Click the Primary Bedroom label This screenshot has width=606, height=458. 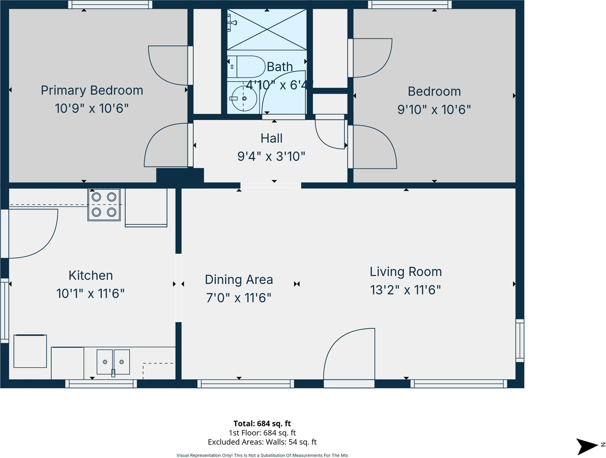(92, 90)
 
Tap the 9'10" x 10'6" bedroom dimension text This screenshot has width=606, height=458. (434, 110)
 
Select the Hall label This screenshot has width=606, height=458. (272, 138)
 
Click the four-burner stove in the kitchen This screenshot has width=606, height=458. (104, 204)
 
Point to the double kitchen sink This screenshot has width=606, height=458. (113, 362)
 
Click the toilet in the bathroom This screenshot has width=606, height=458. (247, 67)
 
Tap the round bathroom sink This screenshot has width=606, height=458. (243, 99)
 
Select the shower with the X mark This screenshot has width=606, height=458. (267, 29)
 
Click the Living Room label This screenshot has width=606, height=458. (406, 272)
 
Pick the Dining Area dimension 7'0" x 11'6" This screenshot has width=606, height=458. (239, 298)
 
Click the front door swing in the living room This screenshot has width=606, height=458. (349, 354)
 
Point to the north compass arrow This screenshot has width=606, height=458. (587, 446)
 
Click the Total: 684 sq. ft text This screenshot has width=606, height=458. (262, 424)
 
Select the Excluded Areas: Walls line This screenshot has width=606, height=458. (262, 442)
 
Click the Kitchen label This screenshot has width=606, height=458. (91, 275)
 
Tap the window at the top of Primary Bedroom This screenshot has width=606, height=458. (110, 5)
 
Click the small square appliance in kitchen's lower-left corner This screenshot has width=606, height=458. (30, 351)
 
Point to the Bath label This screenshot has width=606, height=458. (280, 67)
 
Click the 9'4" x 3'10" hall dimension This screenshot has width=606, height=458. (271, 156)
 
